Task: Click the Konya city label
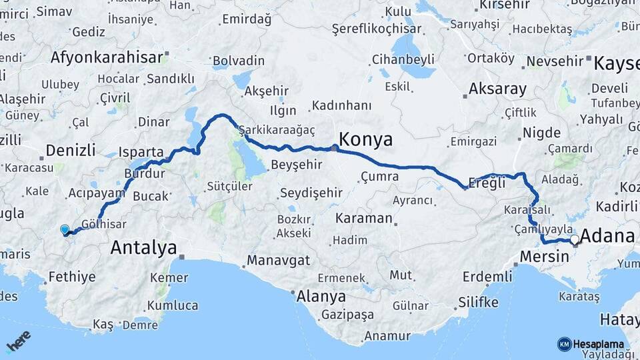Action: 366,139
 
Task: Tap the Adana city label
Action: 607,236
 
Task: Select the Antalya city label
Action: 143,248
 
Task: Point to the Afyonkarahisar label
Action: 107,57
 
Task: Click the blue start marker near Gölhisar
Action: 65,230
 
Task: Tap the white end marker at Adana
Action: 574,239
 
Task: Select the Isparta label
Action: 141,151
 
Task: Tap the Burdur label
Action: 144,173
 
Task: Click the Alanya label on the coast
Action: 321,296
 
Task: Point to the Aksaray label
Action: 497,88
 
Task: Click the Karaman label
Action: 363,218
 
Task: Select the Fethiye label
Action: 72,277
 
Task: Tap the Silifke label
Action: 478,303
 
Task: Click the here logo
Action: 18,341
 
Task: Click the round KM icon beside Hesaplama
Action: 564,344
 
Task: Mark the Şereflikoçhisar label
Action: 376,29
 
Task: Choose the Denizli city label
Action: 71,149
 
